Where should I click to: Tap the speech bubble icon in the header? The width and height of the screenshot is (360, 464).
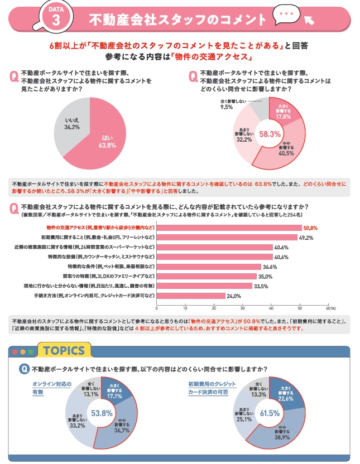[x=286, y=14]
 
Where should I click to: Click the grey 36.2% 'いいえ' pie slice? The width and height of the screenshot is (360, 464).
[x=71, y=124]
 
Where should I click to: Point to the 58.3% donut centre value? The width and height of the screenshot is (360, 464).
[x=271, y=134]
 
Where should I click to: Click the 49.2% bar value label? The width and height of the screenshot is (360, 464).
[x=306, y=237]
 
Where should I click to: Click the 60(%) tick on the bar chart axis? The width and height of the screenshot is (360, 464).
[x=330, y=307]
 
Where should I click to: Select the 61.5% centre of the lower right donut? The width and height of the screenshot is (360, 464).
[x=270, y=413]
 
